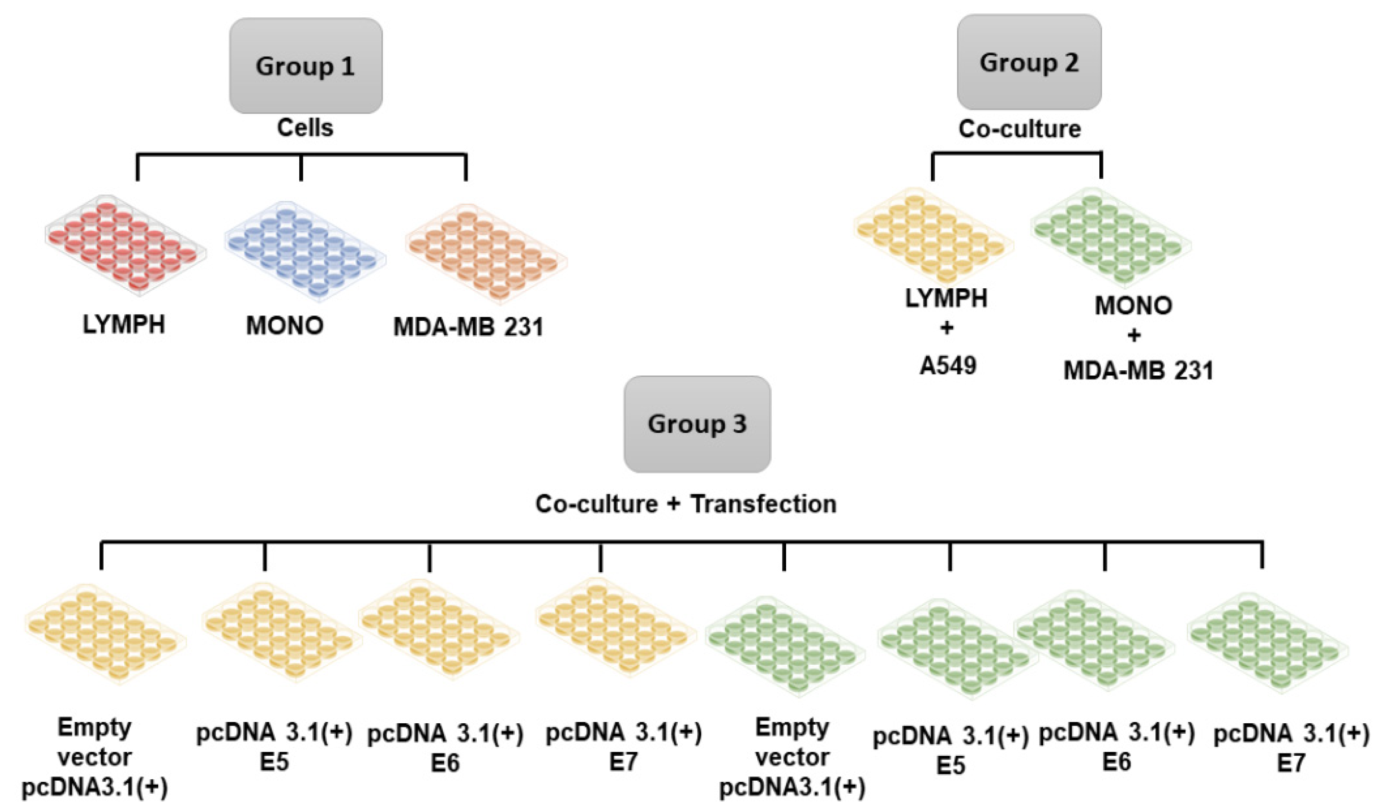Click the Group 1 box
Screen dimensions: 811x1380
pyautogui.click(x=306, y=66)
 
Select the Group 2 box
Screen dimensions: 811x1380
pyautogui.click(x=1028, y=62)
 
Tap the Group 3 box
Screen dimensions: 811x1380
pyautogui.click(x=697, y=424)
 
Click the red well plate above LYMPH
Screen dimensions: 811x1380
pyautogui.click(x=125, y=246)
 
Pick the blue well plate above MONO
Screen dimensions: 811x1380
pyautogui.click(x=305, y=251)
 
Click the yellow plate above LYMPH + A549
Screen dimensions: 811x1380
pyautogui.click(x=933, y=236)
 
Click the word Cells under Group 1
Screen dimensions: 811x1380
pyautogui.click(x=305, y=128)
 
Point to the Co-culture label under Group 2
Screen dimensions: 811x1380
pyautogui.click(x=1020, y=129)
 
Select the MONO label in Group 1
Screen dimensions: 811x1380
pyautogui.click(x=285, y=326)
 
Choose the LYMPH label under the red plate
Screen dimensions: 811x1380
pyautogui.click(x=124, y=325)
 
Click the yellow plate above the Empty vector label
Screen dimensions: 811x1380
pyautogui.click(x=105, y=634)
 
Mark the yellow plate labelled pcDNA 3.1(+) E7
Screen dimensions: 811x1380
pyautogui.click(x=615, y=627)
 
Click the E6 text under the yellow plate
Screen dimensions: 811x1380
pyautogui.click(x=445, y=763)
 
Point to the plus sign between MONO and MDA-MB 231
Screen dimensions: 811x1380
pyautogui.click(x=1133, y=336)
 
